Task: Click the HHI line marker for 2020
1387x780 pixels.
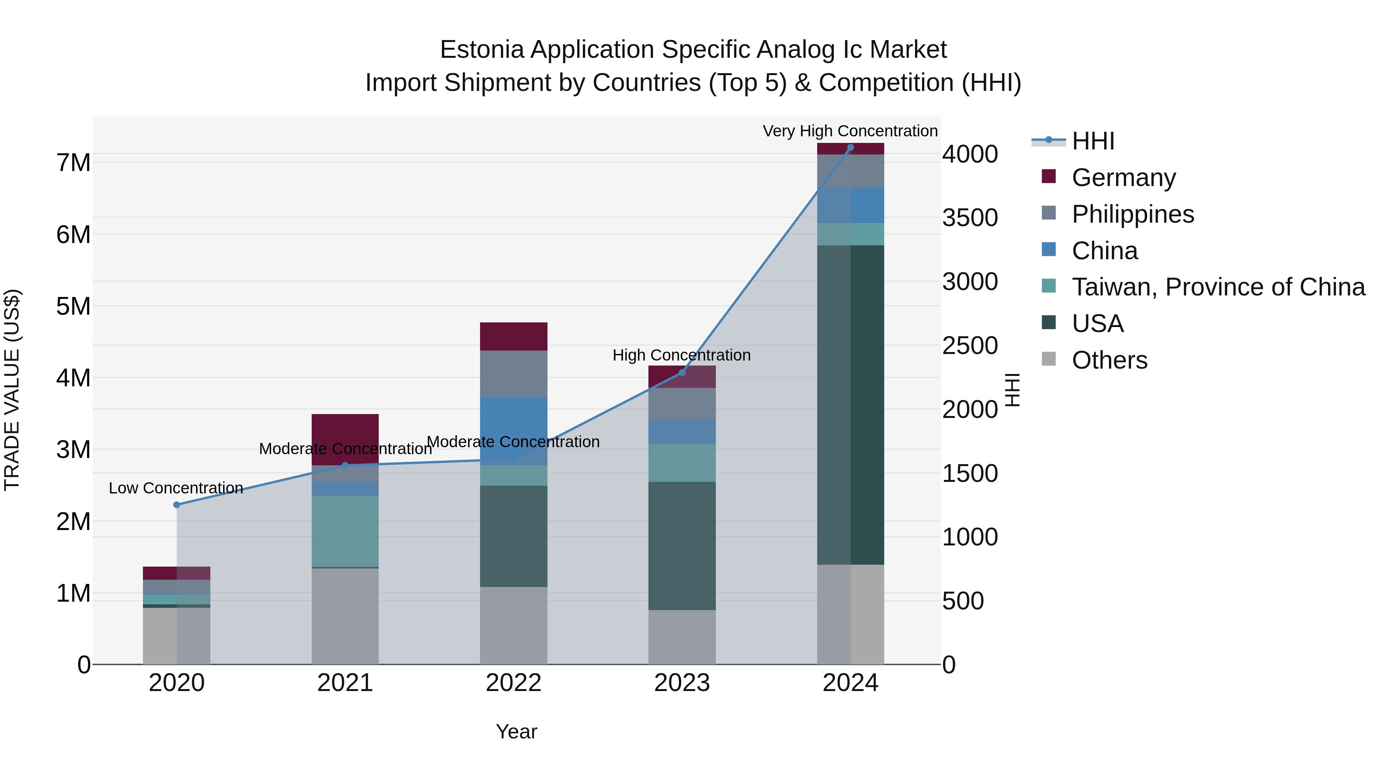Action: [176, 504]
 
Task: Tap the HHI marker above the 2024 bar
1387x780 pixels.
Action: [850, 148]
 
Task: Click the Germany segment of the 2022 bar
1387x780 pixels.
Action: [513, 336]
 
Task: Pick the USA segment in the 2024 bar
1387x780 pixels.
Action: [850, 404]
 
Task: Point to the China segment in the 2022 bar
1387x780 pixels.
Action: [513, 425]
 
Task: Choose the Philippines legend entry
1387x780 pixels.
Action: [1132, 214]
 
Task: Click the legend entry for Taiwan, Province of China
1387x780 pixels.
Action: [1218, 287]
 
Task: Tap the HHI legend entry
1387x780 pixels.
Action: [1093, 141]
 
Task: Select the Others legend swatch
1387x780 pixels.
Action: [1048, 359]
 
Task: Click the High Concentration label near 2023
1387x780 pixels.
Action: [681, 355]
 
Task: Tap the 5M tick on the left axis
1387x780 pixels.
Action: [73, 306]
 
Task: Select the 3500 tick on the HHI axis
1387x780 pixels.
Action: [969, 218]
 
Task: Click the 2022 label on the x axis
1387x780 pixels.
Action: [513, 683]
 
